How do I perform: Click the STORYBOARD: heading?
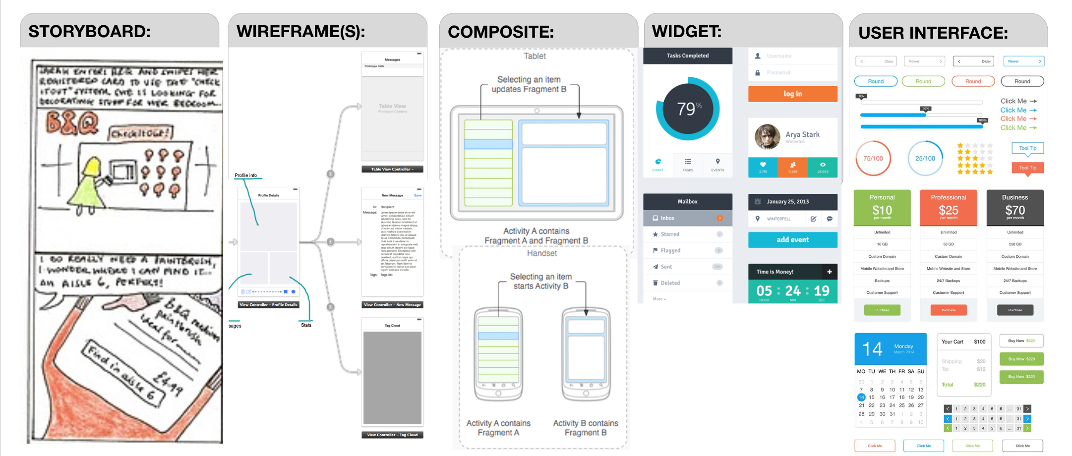(89, 31)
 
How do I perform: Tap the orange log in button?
(792, 94)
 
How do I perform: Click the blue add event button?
(792, 239)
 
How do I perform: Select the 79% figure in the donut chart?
(688, 109)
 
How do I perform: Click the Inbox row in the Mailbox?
(687, 218)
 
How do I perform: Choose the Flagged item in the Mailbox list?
(687, 250)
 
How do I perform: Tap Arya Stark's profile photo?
(767, 137)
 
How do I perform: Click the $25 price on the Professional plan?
(948, 210)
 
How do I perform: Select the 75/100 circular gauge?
(873, 159)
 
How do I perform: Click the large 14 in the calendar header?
(872, 349)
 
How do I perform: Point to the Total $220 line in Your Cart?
(963, 385)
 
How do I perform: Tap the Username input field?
(792, 56)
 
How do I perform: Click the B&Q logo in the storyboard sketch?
(72, 122)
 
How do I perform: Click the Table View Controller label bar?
(392, 169)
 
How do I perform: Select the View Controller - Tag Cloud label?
(392, 435)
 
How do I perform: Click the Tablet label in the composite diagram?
(535, 56)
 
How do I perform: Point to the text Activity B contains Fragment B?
(585, 428)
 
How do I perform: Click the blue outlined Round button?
(876, 81)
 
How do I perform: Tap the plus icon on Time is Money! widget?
(829, 272)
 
